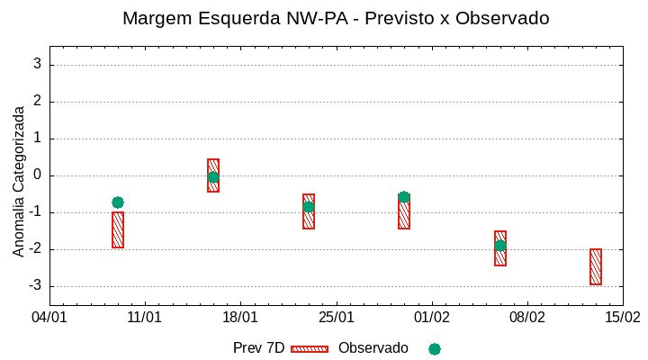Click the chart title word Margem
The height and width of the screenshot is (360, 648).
157,18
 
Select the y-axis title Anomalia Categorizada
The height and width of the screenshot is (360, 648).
19,181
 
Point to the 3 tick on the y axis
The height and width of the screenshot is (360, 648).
37,65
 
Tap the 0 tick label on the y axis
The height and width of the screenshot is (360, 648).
37,175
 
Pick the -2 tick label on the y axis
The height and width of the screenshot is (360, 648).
34,249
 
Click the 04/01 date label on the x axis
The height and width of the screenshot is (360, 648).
49,318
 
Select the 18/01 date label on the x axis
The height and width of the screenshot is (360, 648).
240,318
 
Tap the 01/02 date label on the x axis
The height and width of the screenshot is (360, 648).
431,318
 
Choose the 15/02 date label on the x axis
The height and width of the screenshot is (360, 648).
622,318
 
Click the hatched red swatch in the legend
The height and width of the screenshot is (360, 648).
310,348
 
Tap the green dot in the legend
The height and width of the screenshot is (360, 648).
435,348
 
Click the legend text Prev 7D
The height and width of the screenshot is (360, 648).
258,348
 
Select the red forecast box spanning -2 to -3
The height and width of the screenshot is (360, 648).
596,266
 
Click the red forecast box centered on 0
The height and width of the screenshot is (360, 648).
213,175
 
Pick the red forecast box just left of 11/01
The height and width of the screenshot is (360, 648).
118,230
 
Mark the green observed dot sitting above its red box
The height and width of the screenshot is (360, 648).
118,202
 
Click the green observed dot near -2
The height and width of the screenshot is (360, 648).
500,246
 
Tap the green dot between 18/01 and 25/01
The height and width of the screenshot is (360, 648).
309,207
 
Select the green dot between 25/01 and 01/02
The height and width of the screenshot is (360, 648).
404,197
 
